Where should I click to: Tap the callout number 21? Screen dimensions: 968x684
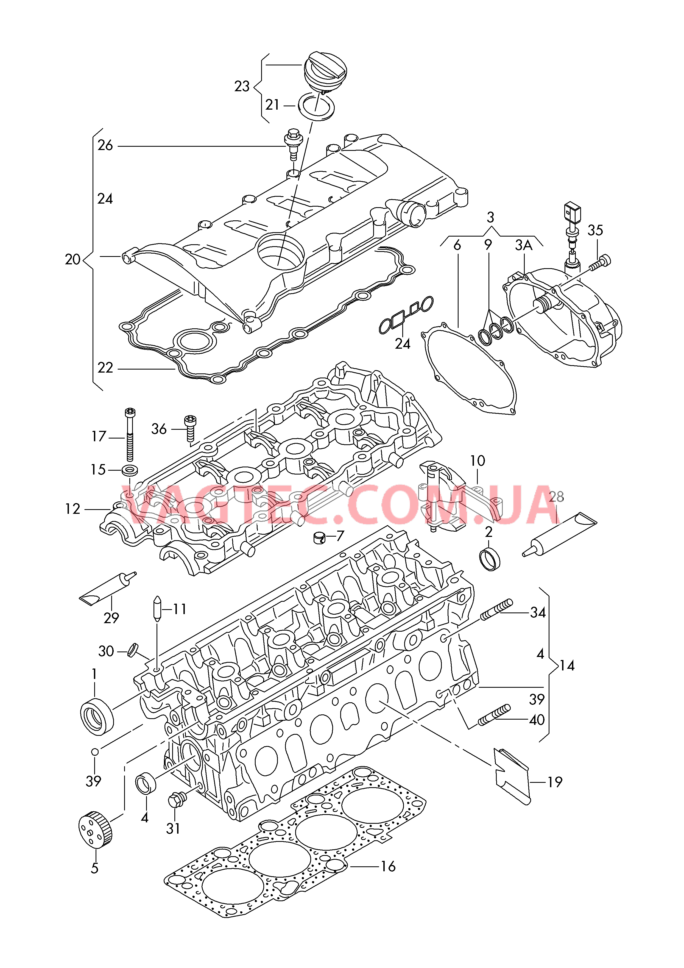pyautogui.click(x=272, y=105)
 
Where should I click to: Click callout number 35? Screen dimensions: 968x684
pyautogui.click(x=595, y=230)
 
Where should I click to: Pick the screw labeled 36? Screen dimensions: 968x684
pyautogui.click(x=190, y=428)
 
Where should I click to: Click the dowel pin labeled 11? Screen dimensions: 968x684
pyautogui.click(x=157, y=609)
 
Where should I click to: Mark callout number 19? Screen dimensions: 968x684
pyautogui.click(x=555, y=782)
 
